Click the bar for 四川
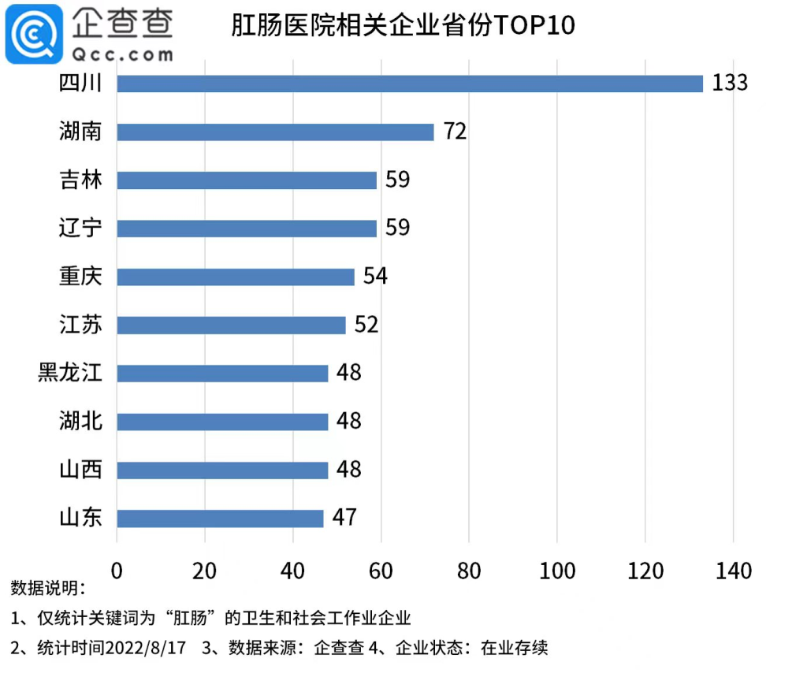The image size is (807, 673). [410, 84]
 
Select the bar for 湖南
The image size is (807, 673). [276, 132]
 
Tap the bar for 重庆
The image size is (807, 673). [236, 277]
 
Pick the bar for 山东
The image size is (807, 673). [220, 518]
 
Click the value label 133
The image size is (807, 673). [730, 83]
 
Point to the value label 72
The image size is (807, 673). [455, 132]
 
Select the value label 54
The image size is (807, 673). [375, 277]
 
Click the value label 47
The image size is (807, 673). [344, 518]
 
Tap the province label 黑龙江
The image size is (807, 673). [70, 373]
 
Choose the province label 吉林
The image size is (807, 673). [81, 180]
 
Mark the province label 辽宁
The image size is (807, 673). [81, 229]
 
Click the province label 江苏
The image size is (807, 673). [81, 325]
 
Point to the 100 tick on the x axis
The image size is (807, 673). [557, 571]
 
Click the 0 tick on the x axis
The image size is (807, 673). [117, 571]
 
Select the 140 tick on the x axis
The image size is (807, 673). [733, 571]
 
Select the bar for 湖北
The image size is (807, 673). [222, 422]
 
